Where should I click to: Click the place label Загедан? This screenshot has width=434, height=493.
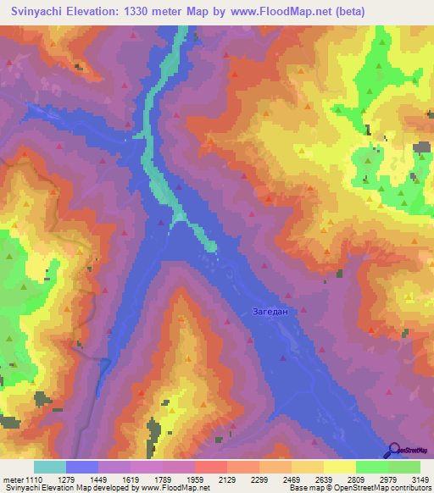[x=271, y=312]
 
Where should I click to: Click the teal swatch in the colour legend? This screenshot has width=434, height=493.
[x=50, y=468]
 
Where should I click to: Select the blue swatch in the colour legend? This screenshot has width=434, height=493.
[x=82, y=468]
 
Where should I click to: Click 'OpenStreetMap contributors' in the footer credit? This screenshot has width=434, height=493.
[x=386, y=488]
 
